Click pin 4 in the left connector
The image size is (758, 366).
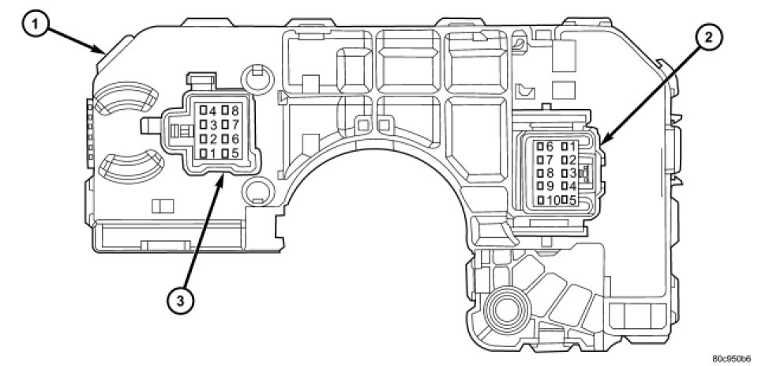pos(208,111)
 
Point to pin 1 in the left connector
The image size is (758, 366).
pos(208,153)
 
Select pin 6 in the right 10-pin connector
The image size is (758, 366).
pos(543,146)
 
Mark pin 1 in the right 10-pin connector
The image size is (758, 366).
pos(568,146)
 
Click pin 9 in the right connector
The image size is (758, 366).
pos(543,186)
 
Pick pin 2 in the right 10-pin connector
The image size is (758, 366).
pos(568,160)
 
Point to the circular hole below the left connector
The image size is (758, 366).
pos(256,190)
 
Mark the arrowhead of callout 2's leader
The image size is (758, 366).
pos(601,144)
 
